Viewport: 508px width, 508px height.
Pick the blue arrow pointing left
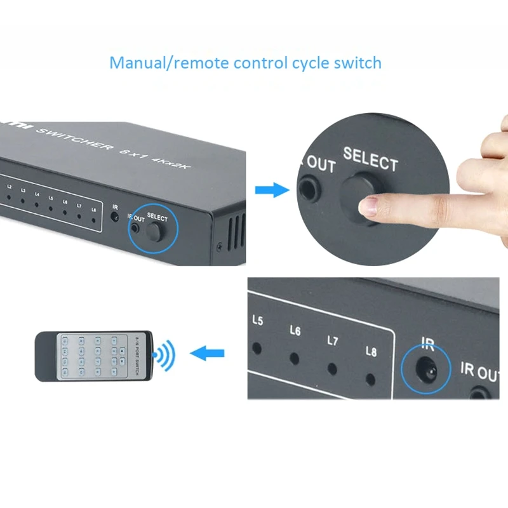click(208, 353)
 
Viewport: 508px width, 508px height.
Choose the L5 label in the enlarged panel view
click(257, 321)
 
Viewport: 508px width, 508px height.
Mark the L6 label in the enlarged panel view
click(295, 330)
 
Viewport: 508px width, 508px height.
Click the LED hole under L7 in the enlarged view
click(332, 368)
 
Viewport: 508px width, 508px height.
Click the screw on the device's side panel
click(220, 246)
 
